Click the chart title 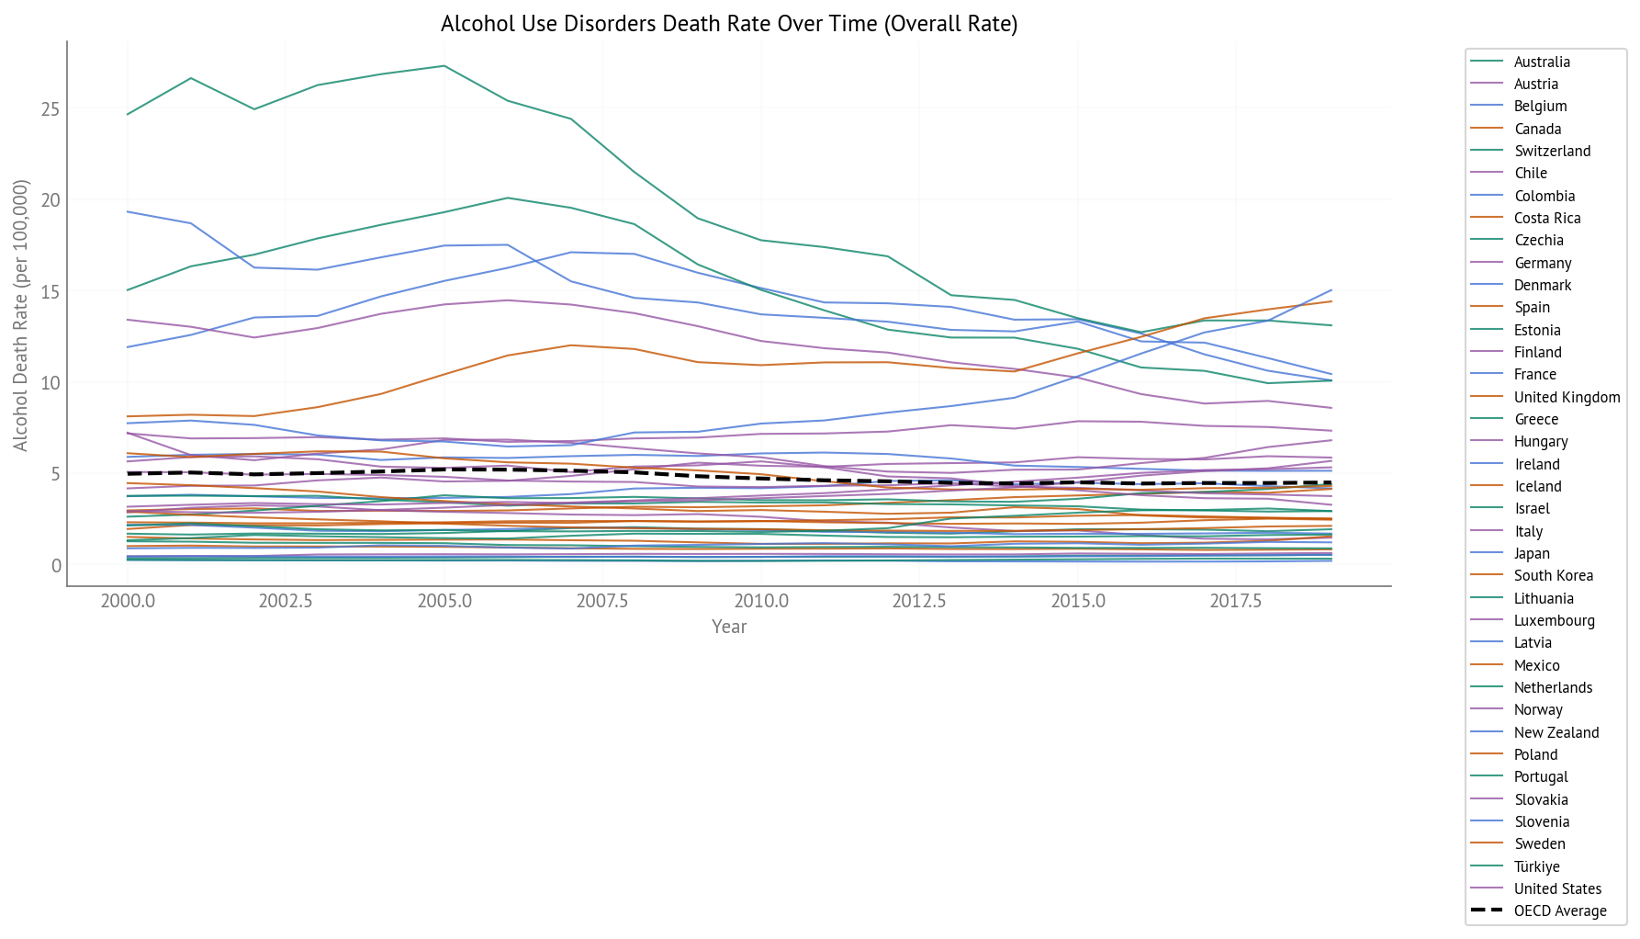729,24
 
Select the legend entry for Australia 1542,62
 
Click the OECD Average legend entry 1560,911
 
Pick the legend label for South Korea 1553,575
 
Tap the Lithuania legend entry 1544,598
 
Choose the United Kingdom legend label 1567,397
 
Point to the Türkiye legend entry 1536,866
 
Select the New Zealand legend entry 1556,732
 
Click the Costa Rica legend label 1547,218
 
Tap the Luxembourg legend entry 1554,620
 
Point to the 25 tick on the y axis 51,109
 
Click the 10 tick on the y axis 51,383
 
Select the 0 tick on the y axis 56,566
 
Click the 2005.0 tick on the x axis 444,602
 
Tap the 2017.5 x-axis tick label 1235,602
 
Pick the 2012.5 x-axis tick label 918,602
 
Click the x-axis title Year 729,627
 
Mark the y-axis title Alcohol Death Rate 20,315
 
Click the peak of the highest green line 444,66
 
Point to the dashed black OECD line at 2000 128,473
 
